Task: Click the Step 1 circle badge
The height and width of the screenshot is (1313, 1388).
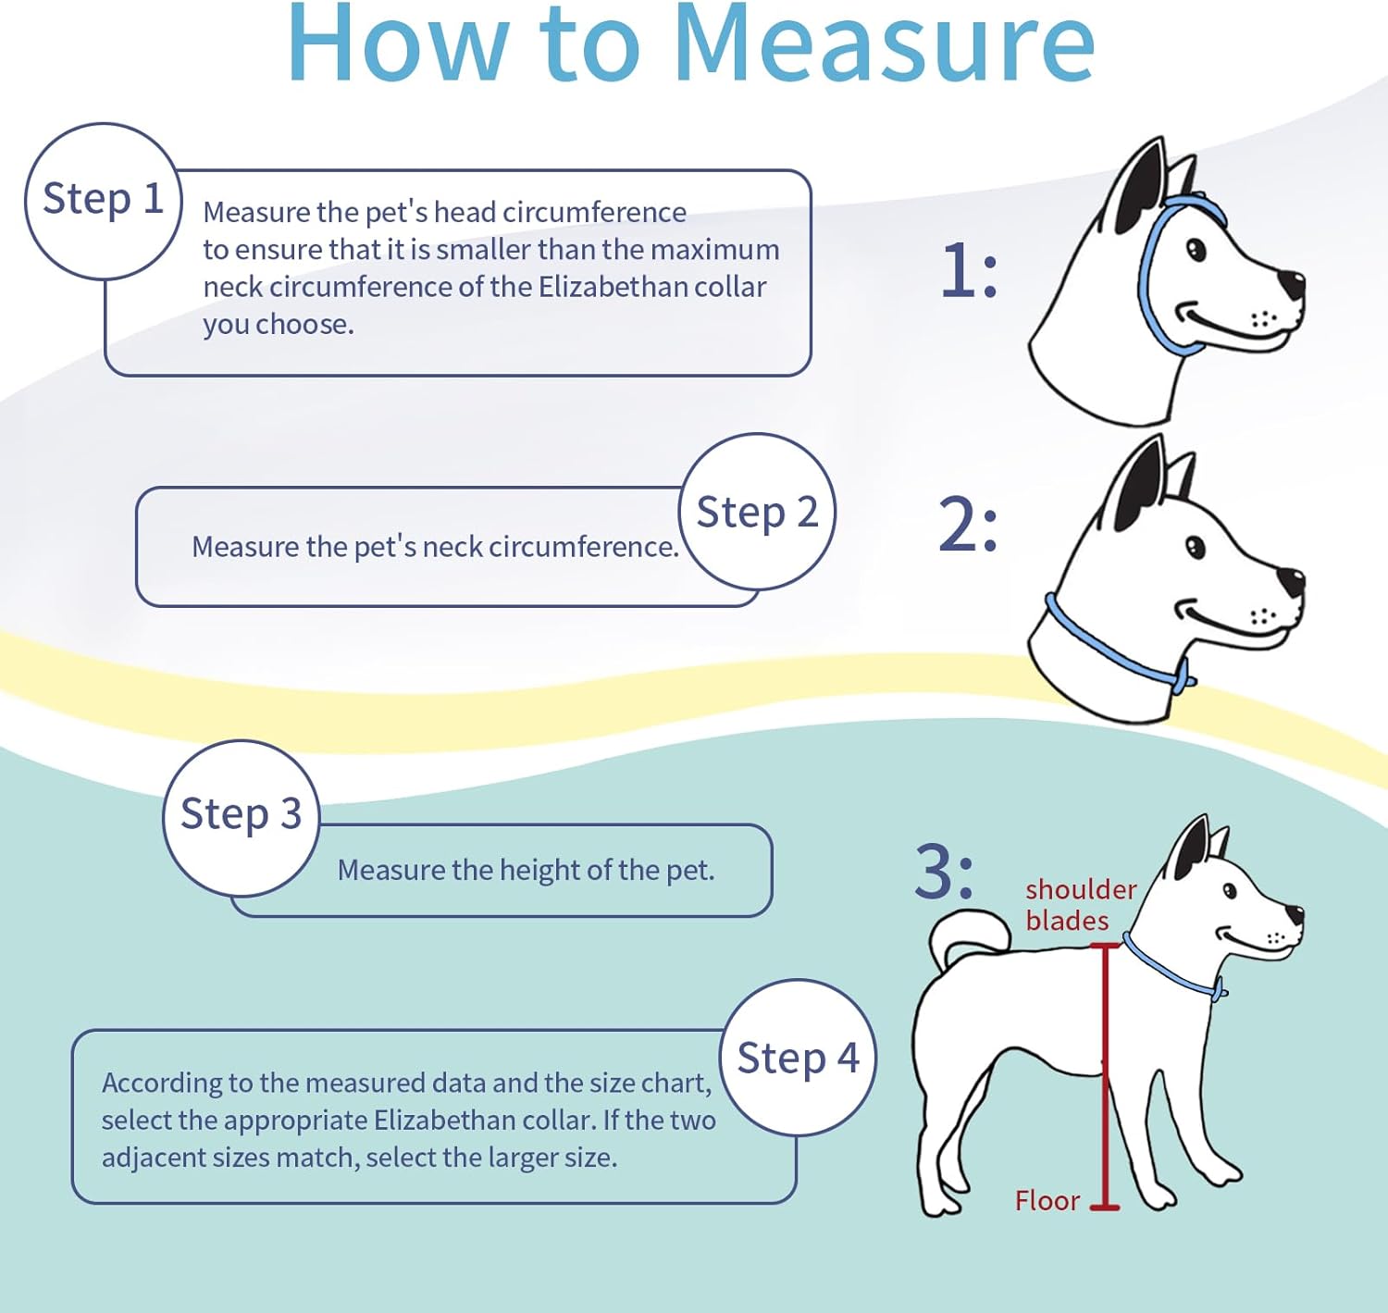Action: pos(103,201)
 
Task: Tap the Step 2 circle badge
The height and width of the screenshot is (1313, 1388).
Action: pos(757,512)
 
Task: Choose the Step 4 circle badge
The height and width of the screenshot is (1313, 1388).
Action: pos(798,1058)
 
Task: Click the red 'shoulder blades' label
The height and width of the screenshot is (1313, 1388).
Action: pos(1078,904)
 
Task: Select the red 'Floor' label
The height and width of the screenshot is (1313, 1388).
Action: pos(1047,1200)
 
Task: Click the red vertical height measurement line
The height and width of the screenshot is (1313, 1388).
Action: pos(1104,1073)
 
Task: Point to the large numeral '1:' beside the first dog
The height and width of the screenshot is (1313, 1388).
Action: pos(969,271)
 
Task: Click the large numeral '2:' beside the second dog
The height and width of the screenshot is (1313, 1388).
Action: pos(968,525)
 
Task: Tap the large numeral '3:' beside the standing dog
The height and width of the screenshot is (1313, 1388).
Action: pos(944,872)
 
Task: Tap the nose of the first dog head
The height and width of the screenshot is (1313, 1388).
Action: pos(1291,283)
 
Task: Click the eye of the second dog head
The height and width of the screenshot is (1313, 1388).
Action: pos(1196,548)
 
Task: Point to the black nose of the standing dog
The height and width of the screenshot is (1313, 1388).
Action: pos(1295,915)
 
